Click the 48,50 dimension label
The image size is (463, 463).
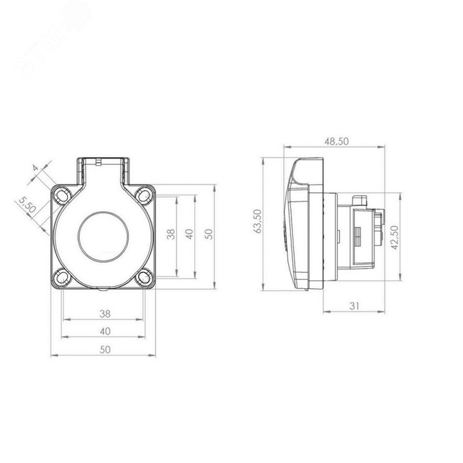pyautogui.click(x=337, y=141)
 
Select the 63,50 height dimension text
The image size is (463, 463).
pyautogui.click(x=258, y=221)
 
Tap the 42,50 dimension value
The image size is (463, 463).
pyautogui.click(x=395, y=237)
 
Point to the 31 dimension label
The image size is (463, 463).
pyautogui.click(x=354, y=306)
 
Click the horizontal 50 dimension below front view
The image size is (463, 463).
pyautogui.click(x=105, y=350)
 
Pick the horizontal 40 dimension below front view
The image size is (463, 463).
pyautogui.click(x=105, y=331)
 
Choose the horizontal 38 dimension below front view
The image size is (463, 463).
pyautogui.click(x=105, y=314)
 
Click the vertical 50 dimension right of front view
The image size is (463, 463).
pyautogui.click(x=208, y=234)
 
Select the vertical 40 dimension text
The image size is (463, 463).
pyautogui.click(x=190, y=234)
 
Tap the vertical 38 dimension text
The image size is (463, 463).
pyautogui.click(x=171, y=234)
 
